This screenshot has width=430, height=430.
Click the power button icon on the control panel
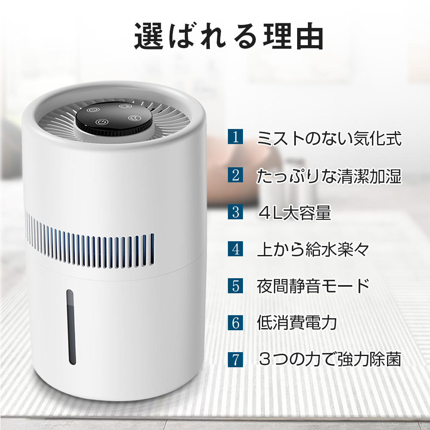tap(101, 122)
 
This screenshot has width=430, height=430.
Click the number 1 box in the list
tap(235, 138)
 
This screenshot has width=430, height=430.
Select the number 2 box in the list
tap(235, 175)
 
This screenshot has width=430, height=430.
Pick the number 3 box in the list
tap(235, 212)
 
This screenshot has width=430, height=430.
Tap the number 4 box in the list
tap(235, 249)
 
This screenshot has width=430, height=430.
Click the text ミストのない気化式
tap(329, 138)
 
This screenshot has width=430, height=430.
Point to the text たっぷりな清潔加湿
tap(329, 175)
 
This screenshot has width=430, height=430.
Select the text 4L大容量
tap(295, 212)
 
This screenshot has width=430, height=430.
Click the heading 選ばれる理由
tap(228, 37)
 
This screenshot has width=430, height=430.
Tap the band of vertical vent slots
tap(90, 244)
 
